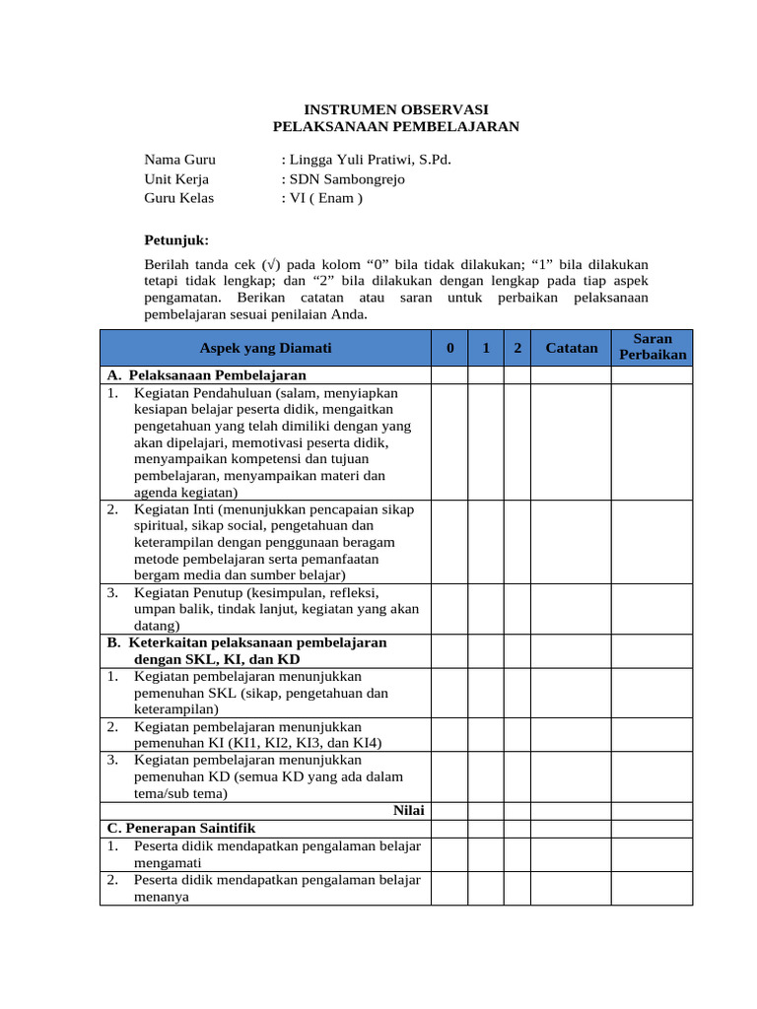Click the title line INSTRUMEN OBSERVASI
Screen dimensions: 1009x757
click(x=394, y=108)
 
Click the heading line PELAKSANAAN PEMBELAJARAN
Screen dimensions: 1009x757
click(x=394, y=126)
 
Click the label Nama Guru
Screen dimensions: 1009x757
click(x=179, y=160)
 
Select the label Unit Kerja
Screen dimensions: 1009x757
click(x=176, y=179)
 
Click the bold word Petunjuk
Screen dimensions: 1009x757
click(x=176, y=239)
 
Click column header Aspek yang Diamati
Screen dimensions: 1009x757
click(x=265, y=348)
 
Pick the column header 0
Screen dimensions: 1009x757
click(x=449, y=348)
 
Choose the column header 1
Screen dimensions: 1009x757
click(x=486, y=348)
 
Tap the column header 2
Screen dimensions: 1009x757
click(x=517, y=348)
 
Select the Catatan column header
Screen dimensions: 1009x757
click(x=572, y=348)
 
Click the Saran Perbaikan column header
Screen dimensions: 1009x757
click(x=652, y=347)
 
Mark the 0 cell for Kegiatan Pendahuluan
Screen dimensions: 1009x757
click(x=449, y=442)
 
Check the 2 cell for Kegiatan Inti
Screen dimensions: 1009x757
click(x=517, y=542)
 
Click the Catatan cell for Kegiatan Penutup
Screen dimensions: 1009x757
click(x=572, y=609)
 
